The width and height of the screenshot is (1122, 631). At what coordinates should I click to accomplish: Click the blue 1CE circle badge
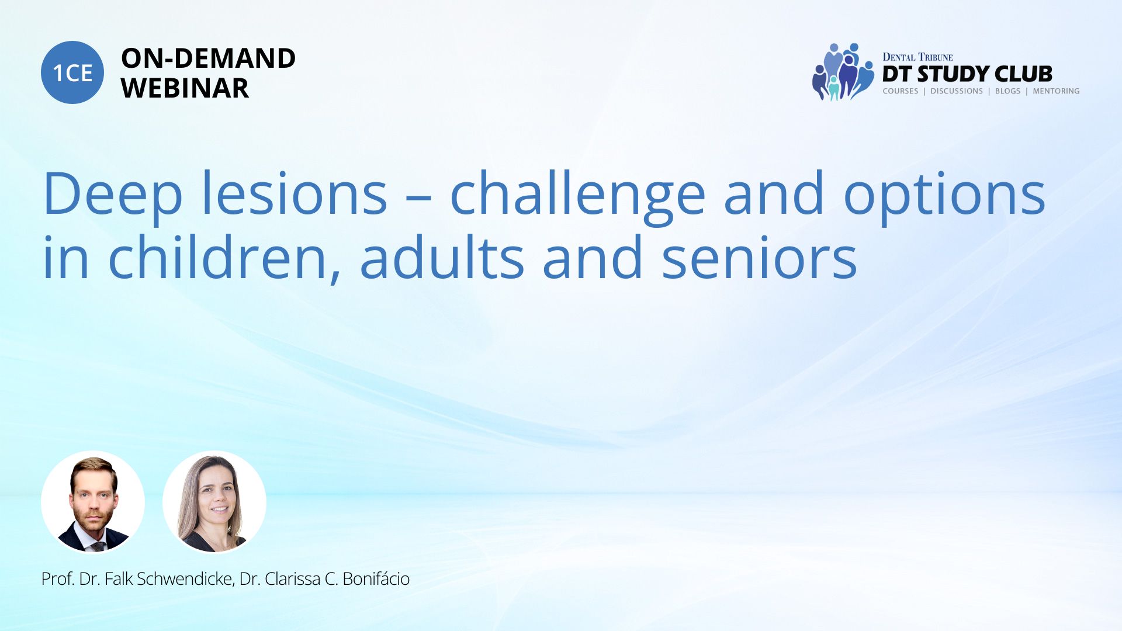72,72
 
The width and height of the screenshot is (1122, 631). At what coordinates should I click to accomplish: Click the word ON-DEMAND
208,58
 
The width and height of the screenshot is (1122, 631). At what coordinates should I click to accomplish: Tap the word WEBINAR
185,88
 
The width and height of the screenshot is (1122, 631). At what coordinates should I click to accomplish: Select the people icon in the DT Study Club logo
843,72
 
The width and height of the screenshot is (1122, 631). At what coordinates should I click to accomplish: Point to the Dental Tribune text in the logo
917,57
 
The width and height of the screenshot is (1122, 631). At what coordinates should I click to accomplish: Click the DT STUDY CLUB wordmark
967,74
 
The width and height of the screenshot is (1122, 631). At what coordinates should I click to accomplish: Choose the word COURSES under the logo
901,91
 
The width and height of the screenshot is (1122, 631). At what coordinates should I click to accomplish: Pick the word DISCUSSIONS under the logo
957,91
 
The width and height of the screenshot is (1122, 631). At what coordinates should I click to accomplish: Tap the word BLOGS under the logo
1007,91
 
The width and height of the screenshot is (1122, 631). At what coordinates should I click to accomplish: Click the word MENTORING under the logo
1056,91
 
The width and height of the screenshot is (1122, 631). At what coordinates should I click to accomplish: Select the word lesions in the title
295,193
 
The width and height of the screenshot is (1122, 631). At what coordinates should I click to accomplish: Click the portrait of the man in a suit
93,502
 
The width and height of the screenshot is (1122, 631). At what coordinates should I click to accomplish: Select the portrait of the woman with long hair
214,502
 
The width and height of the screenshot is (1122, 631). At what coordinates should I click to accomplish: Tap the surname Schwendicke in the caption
185,579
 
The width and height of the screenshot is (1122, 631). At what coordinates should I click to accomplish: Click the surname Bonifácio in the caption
376,579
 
